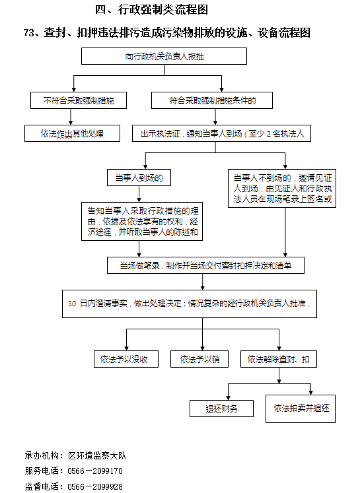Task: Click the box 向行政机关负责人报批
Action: [164, 56]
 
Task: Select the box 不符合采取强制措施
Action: [79, 100]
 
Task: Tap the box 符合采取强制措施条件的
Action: [212, 100]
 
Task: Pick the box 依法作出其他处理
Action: [72, 133]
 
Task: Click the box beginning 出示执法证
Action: [221, 133]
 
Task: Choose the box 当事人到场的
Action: [139, 178]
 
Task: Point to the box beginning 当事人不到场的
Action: [282, 188]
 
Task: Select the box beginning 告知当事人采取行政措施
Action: [142, 221]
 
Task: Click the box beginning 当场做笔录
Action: [205, 265]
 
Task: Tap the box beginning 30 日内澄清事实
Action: [190, 304]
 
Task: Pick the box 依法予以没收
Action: [126, 359]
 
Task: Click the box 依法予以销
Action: [199, 359]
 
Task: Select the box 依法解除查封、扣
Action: [279, 359]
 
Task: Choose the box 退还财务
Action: [221, 409]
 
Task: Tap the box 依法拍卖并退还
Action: [301, 409]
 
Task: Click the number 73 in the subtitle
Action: [29, 33]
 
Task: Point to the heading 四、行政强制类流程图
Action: [151, 10]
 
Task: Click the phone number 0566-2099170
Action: [95, 471]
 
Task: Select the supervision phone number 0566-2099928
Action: [95, 486]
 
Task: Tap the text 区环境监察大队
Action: [97, 455]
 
